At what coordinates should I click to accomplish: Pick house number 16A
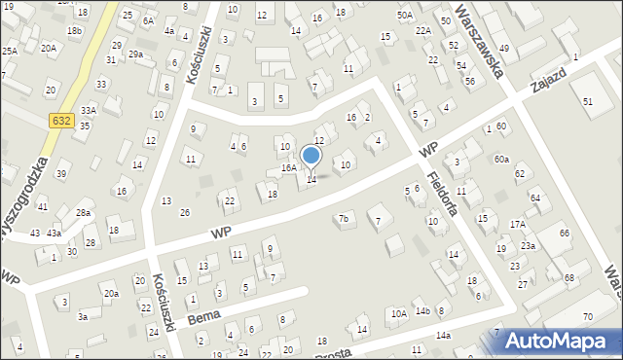click(289, 168)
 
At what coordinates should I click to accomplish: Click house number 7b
click(343, 219)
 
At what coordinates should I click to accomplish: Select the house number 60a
click(500, 159)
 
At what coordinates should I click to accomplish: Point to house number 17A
click(517, 225)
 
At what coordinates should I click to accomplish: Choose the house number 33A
click(89, 111)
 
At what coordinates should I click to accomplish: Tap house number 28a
click(84, 212)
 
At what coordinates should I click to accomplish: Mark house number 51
click(587, 102)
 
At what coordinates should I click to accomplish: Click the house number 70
click(587, 317)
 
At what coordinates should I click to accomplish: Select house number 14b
click(422, 311)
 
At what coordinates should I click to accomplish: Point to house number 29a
click(135, 54)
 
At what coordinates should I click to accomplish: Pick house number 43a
click(55, 234)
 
